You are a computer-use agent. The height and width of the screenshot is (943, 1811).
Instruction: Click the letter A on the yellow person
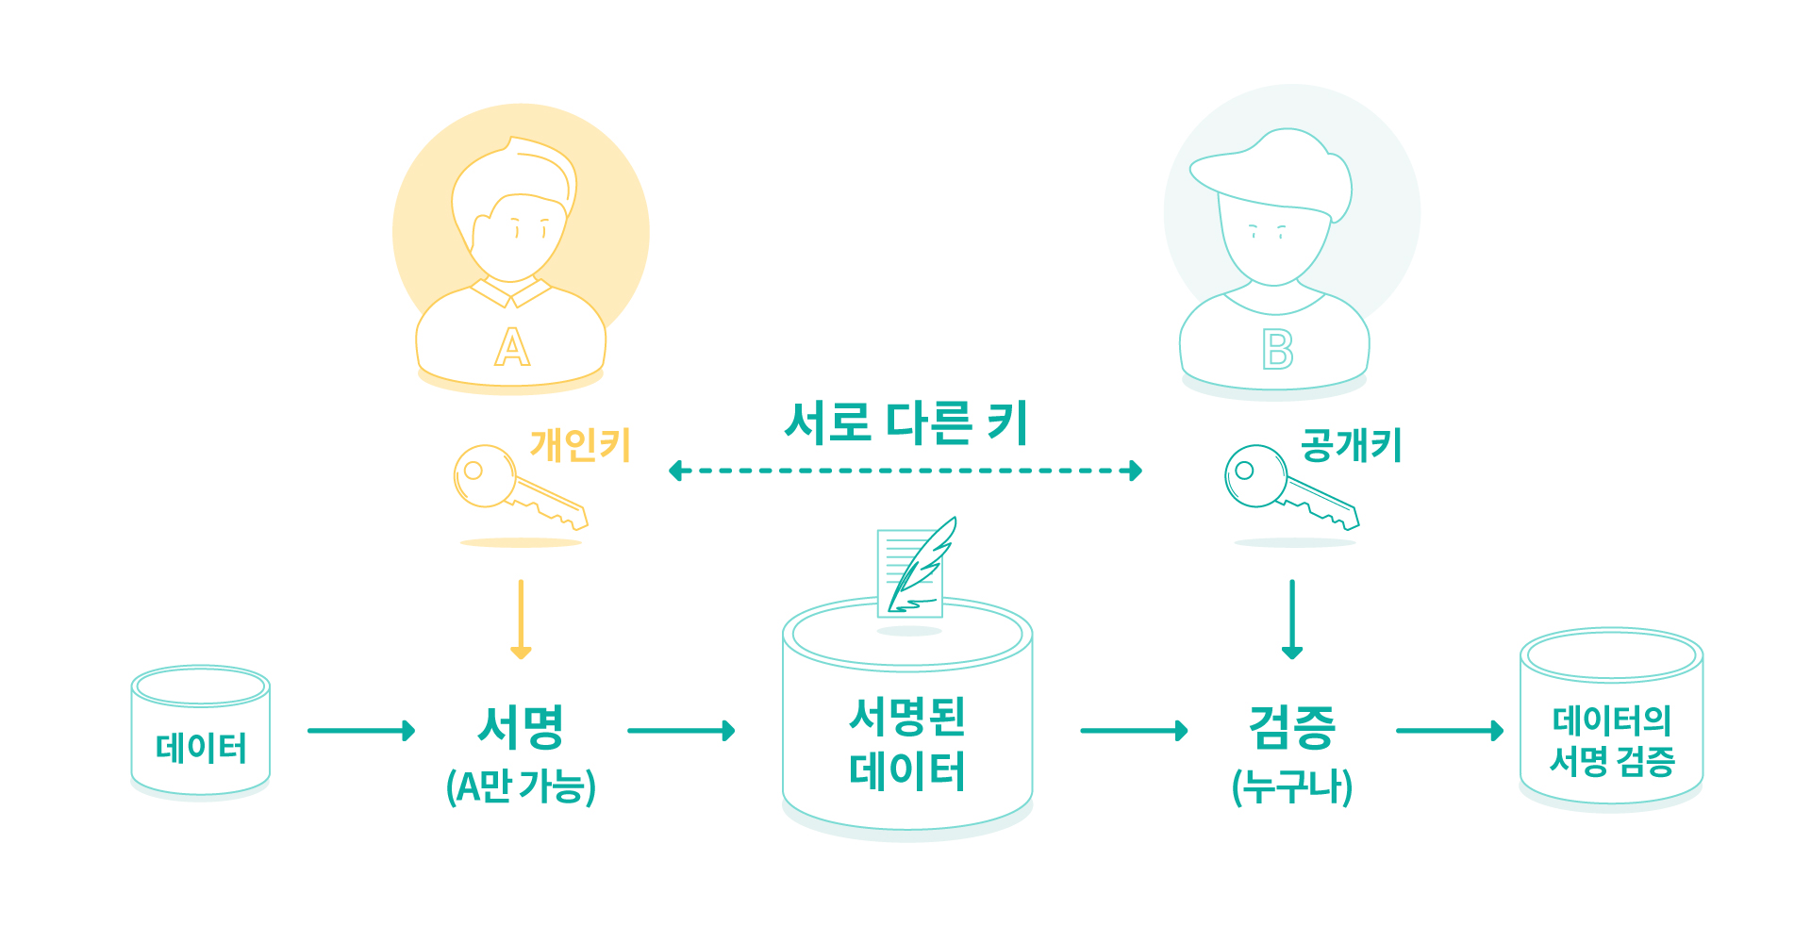click(x=512, y=347)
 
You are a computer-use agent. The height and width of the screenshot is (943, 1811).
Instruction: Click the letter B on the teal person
click(x=1278, y=349)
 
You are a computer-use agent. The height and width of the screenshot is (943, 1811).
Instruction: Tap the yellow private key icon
click(x=519, y=487)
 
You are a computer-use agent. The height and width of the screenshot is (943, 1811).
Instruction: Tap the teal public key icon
click(x=1290, y=487)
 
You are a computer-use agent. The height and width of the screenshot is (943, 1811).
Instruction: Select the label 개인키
click(x=580, y=445)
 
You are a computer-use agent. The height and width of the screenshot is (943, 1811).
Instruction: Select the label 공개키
click(x=1352, y=445)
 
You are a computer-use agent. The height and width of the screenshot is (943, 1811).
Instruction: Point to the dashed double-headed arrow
click(x=905, y=471)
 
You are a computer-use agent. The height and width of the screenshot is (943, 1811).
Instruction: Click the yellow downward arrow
click(x=521, y=620)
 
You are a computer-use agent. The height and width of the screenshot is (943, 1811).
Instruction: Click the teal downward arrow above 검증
click(x=1292, y=620)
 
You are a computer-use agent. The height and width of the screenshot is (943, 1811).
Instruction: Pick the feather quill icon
click(x=921, y=564)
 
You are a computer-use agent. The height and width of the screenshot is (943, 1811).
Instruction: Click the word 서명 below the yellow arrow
click(x=521, y=727)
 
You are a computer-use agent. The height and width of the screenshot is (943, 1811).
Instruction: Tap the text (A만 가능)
click(x=521, y=786)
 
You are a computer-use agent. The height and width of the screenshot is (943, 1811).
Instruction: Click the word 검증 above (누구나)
click(x=1292, y=727)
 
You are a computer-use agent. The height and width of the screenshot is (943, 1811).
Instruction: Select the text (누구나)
click(x=1292, y=786)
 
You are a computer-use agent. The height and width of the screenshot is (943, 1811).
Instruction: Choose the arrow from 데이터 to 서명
click(x=361, y=730)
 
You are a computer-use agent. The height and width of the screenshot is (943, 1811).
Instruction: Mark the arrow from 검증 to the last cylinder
click(x=1450, y=730)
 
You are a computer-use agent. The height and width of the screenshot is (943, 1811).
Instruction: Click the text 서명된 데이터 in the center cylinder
click(x=907, y=744)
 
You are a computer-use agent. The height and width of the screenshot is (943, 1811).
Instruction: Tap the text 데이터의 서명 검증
click(x=1612, y=741)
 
